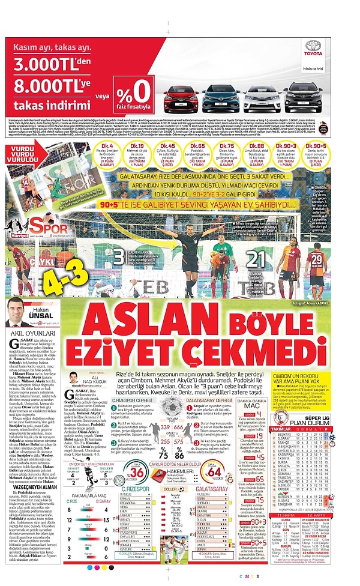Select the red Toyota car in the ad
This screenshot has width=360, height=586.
(x=179, y=98)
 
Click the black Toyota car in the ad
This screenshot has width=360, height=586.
(x=303, y=98)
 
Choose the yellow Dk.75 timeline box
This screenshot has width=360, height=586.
(x=226, y=155)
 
